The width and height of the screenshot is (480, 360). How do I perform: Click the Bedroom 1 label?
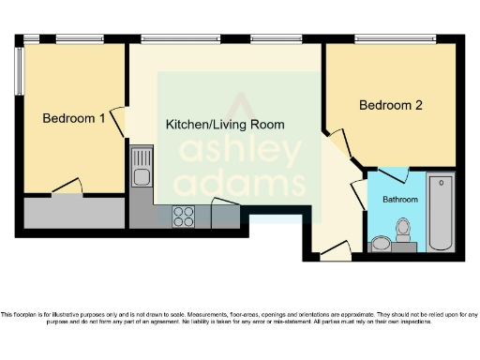[x=74, y=118]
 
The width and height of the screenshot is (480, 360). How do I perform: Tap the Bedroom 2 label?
[x=391, y=106]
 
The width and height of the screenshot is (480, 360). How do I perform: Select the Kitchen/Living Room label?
[x=225, y=124]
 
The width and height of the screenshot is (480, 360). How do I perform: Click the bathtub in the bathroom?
[x=440, y=213]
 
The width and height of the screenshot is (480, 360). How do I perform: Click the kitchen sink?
[x=142, y=173]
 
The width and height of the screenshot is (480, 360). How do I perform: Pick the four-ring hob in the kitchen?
[x=184, y=217]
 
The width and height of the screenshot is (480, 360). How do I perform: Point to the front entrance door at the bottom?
[x=332, y=250]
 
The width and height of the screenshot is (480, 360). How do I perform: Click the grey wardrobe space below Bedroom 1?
[x=74, y=213]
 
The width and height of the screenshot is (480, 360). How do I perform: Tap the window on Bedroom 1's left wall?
[x=19, y=70]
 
